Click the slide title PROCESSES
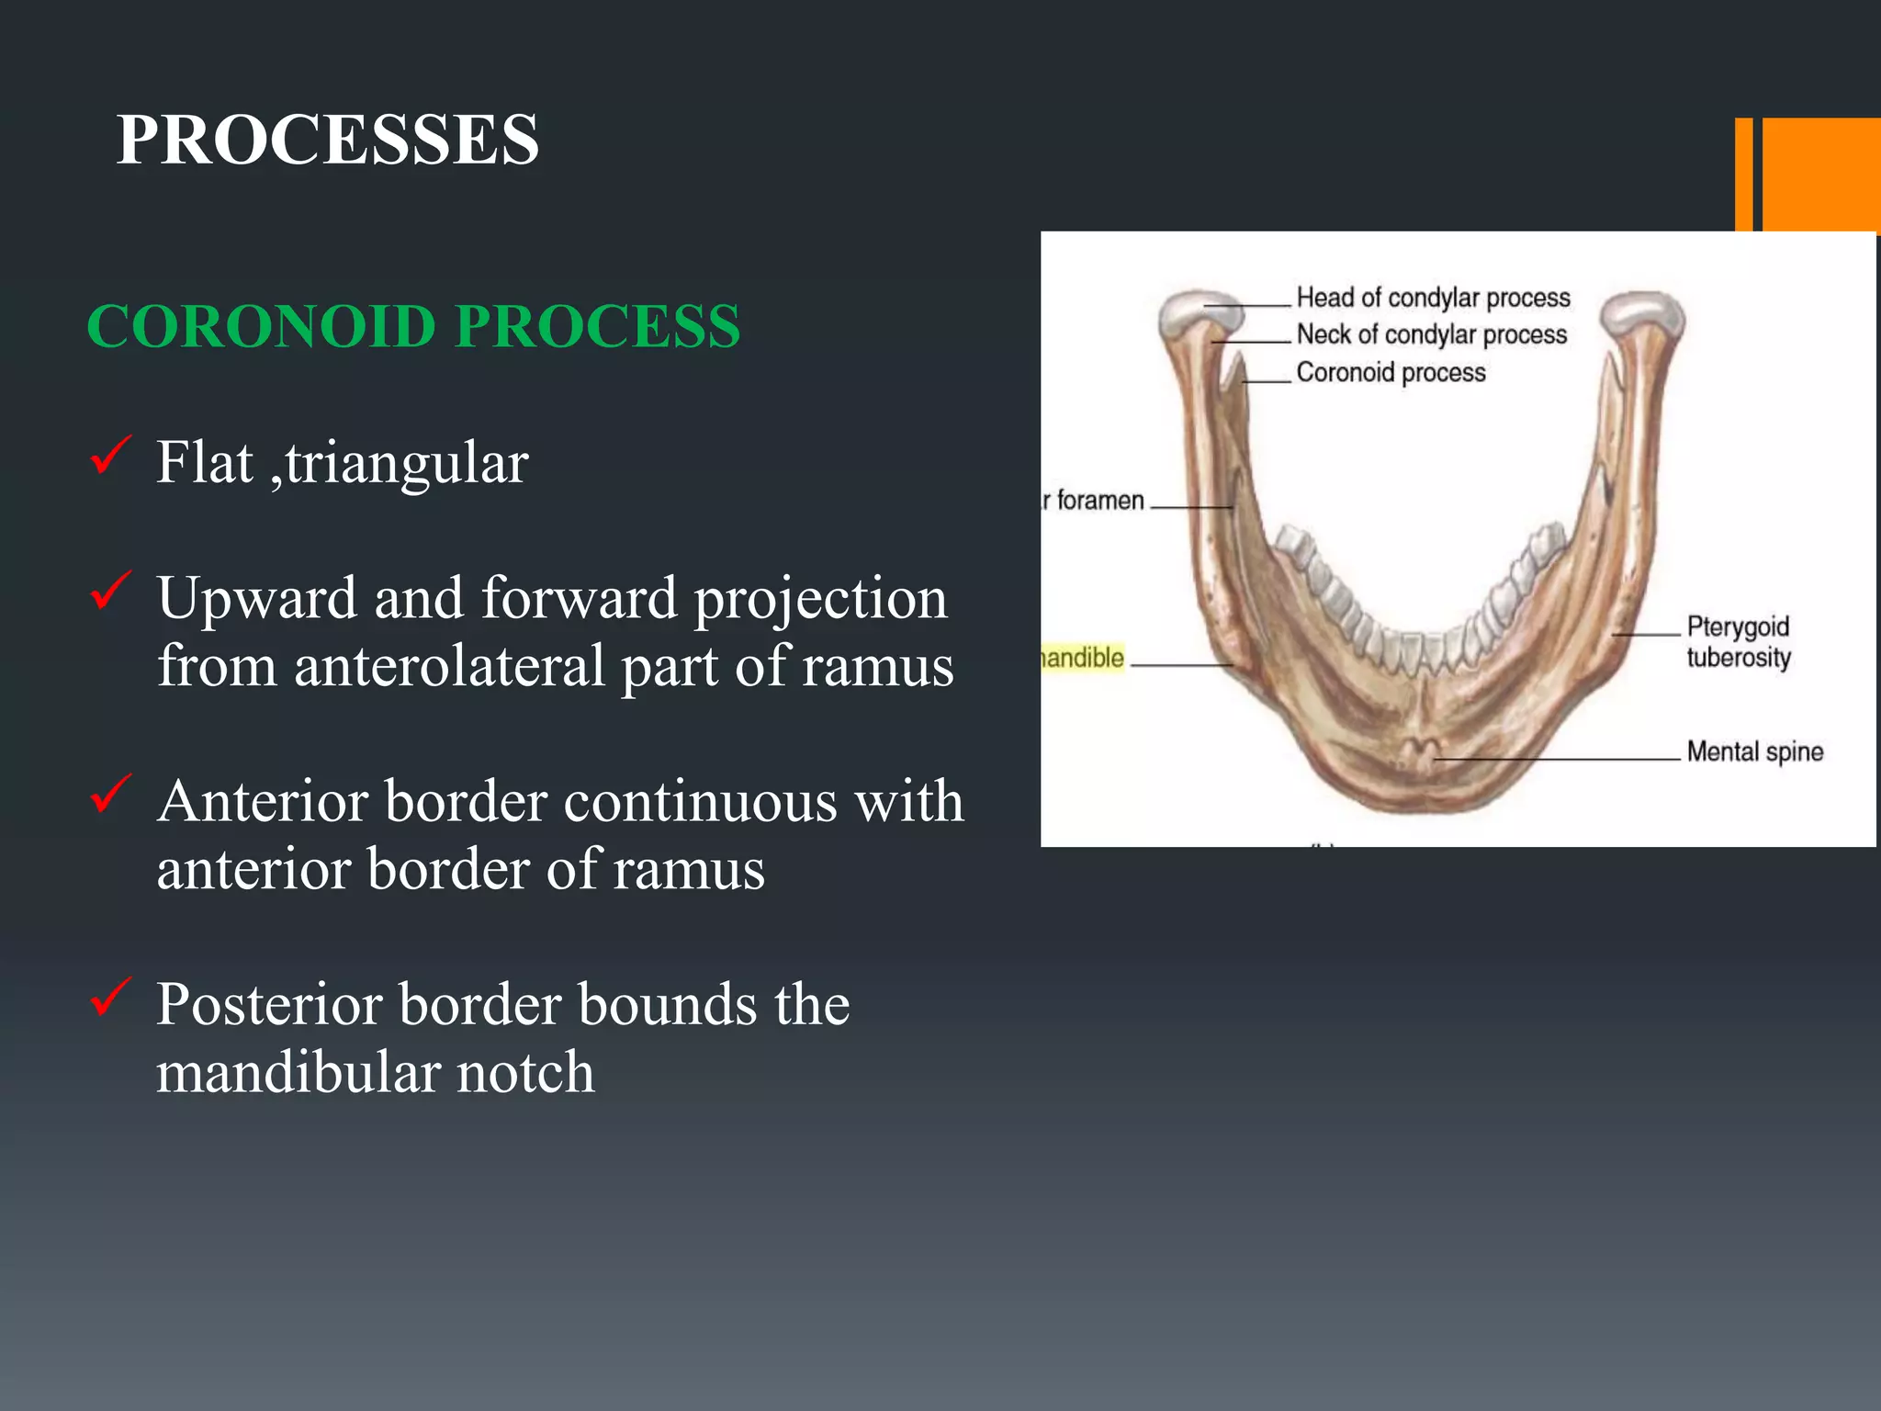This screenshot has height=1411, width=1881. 327,140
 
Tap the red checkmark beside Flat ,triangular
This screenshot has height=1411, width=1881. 111,456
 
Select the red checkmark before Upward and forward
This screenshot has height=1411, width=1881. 111,591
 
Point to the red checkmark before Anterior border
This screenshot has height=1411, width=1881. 111,794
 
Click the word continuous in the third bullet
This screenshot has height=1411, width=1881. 700,802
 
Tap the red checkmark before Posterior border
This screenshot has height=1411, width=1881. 111,997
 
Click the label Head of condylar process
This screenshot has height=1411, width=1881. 1433,298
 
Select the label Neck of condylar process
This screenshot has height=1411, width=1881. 1431,334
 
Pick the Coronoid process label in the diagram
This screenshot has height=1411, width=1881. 1391,372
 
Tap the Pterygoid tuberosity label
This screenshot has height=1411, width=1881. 1738,642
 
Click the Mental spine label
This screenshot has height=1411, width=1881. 1754,751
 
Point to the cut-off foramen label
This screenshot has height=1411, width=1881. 1095,501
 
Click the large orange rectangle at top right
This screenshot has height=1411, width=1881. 1821,175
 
